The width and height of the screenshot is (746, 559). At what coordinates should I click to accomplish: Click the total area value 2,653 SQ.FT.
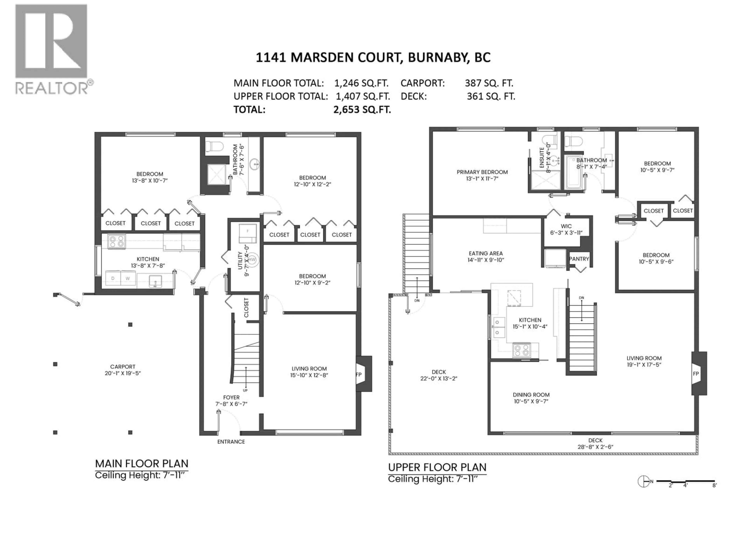coord(362,109)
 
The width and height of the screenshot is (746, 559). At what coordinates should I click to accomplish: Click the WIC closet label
coord(566,226)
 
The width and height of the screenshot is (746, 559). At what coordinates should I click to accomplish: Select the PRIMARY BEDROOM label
coord(482,172)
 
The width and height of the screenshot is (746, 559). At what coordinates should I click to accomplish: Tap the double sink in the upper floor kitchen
coord(498,327)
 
